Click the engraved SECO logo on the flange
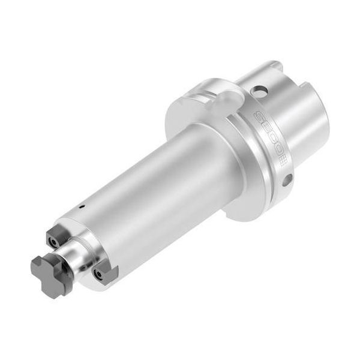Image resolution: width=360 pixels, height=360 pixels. [271, 138]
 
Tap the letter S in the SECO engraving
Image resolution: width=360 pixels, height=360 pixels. [259, 116]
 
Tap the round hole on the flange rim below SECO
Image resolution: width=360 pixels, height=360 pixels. [287, 179]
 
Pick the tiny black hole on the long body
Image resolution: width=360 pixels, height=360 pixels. [81, 206]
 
